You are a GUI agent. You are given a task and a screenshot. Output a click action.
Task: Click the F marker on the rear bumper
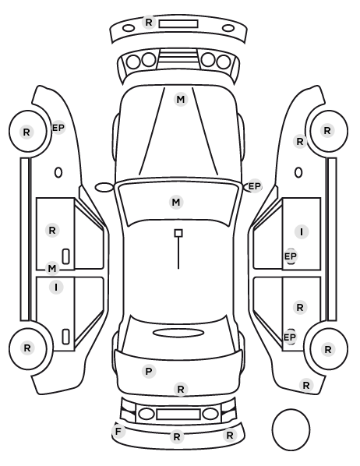click(x=118, y=431)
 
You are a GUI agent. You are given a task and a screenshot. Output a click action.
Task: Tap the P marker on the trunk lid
click(x=149, y=371)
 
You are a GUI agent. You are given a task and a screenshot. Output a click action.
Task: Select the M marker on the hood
click(x=181, y=100)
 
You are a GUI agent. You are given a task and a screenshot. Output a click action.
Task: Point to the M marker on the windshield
click(x=176, y=203)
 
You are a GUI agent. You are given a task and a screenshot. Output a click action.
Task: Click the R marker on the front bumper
click(x=149, y=23)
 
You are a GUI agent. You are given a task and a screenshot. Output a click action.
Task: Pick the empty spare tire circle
click(x=291, y=429)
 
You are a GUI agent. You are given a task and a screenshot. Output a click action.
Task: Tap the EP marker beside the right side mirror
click(x=254, y=186)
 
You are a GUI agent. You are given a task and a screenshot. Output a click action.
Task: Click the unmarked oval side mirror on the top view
click(x=104, y=187)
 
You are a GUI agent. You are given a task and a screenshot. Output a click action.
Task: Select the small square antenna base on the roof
click(x=178, y=233)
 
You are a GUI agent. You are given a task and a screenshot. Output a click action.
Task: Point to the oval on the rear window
click(x=178, y=333)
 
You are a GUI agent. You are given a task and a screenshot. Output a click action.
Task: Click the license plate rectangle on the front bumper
click(x=178, y=24)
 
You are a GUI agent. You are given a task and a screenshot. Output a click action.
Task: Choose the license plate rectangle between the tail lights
click(x=178, y=414)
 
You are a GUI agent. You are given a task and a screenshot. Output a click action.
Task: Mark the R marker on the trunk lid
click(x=181, y=390)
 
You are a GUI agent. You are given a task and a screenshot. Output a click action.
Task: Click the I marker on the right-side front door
click(x=302, y=231)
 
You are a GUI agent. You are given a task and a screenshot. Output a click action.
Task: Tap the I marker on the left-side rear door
click(x=56, y=288)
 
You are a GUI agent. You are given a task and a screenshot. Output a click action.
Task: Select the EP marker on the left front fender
click(x=58, y=128)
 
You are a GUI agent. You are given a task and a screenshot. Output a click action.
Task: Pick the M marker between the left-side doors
click(x=52, y=269)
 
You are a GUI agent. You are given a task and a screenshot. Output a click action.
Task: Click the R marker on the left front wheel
click(x=26, y=132)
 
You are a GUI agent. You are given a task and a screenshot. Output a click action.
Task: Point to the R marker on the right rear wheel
click(x=327, y=349)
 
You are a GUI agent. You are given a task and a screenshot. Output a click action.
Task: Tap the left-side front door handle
click(x=65, y=256)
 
